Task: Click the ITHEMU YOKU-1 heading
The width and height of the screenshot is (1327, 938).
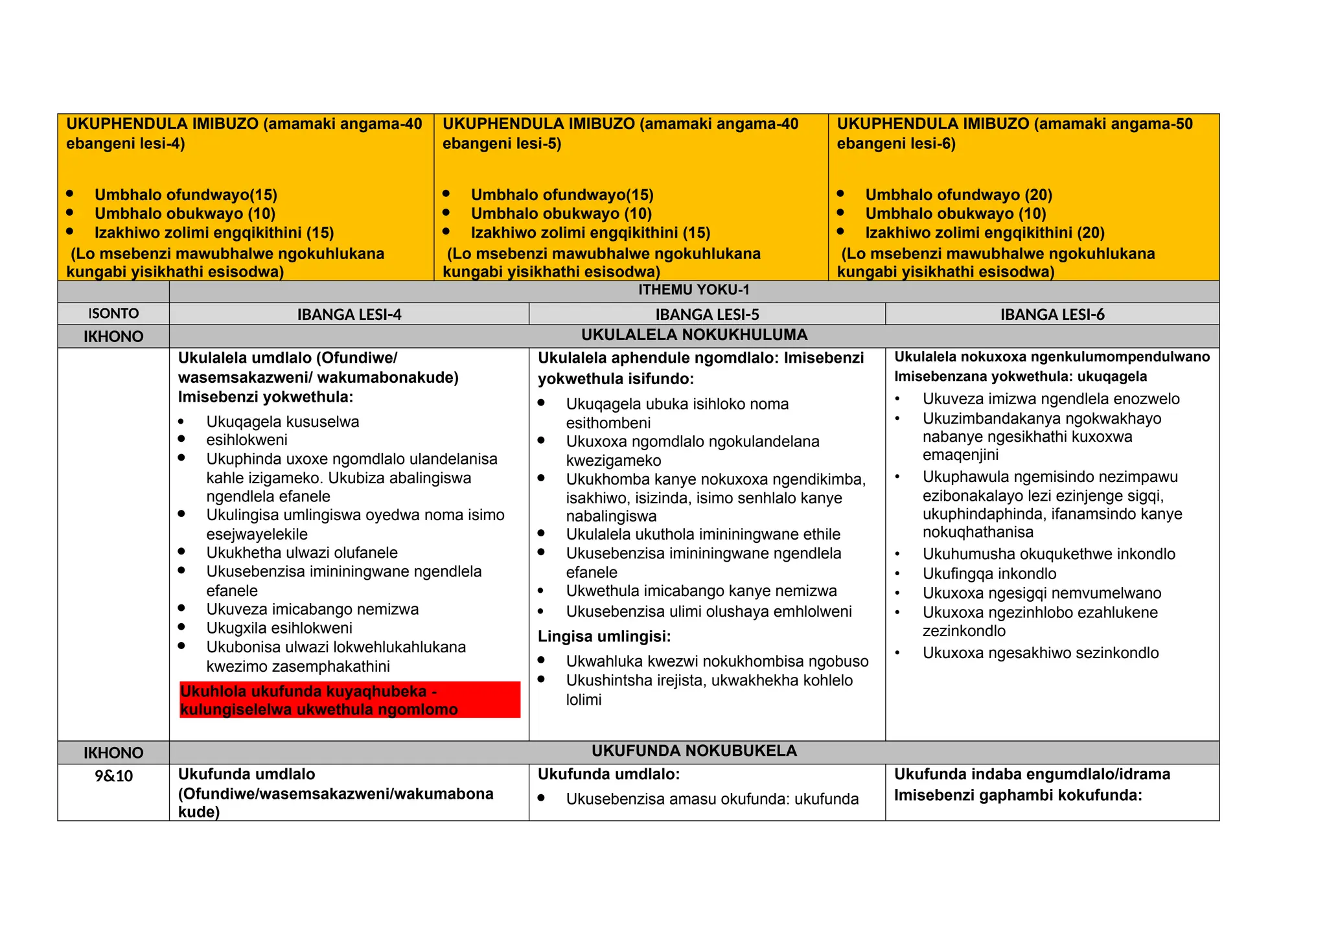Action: pyautogui.click(x=693, y=290)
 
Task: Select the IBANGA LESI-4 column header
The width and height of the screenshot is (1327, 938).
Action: pyautogui.click(x=349, y=315)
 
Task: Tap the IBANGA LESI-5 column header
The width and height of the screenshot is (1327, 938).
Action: pyautogui.click(x=707, y=315)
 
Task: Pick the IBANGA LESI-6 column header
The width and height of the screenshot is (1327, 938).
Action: pyautogui.click(x=1052, y=315)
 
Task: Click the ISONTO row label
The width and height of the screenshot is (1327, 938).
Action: pyautogui.click(x=113, y=314)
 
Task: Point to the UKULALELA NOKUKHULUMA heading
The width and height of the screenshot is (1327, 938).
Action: pyautogui.click(x=694, y=335)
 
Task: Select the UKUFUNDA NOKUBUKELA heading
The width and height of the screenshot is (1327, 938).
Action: pyautogui.click(x=694, y=751)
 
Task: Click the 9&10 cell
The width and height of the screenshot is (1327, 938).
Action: pyautogui.click(x=113, y=776)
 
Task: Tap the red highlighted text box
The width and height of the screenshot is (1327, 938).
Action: pyautogui.click(x=350, y=700)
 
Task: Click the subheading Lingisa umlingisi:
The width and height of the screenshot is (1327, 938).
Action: pyautogui.click(x=604, y=637)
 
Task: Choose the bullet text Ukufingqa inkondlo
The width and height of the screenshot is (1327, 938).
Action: pyautogui.click(x=989, y=574)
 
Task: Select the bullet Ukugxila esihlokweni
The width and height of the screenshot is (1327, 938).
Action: pyautogui.click(x=279, y=628)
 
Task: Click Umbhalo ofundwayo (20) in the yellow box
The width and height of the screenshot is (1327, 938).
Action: pyautogui.click(x=958, y=195)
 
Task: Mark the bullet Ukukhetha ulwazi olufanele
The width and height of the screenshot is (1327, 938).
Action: pyautogui.click(x=302, y=553)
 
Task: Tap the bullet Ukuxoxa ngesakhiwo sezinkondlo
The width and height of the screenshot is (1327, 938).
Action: pyautogui.click(x=1041, y=653)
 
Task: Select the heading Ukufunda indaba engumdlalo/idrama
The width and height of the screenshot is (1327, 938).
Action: pyautogui.click(x=1032, y=775)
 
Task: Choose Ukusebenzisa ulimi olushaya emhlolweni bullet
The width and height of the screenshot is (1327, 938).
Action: pyautogui.click(x=709, y=612)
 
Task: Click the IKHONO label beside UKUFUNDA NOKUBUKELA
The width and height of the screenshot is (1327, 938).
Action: pyautogui.click(x=113, y=753)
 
